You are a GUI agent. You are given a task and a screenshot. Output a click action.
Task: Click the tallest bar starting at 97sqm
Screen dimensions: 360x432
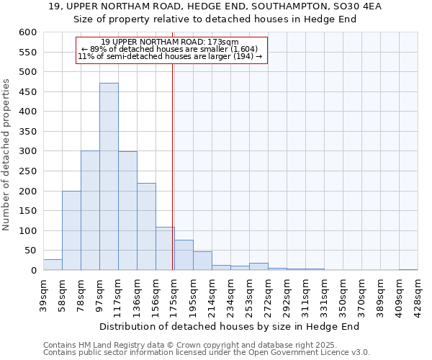click(x=109, y=176)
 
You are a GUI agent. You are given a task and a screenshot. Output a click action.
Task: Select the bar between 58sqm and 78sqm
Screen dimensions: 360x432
click(x=71, y=230)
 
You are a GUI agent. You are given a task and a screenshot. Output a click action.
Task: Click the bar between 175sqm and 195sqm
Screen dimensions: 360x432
click(x=184, y=255)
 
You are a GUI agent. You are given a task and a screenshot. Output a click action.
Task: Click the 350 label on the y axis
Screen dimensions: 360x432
click(x=27, y=132)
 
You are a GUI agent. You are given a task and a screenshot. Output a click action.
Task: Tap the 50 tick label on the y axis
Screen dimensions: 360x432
click(x=30, y=251)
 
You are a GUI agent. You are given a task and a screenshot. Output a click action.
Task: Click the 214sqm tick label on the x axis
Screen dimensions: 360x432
click(x=212, y=294)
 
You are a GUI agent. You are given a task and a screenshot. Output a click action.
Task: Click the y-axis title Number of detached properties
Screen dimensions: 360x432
click(x=6, y=155)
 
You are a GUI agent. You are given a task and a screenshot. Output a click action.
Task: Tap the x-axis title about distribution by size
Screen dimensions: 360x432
click(x=229, y=326)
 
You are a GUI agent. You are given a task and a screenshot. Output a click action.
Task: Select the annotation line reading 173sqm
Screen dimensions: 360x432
click(x=171, y=42)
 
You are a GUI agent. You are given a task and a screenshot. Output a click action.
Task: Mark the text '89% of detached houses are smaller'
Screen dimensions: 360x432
click(x=171, y=49)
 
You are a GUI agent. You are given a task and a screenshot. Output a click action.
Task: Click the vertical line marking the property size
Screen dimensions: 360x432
click(x=173, y=166)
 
